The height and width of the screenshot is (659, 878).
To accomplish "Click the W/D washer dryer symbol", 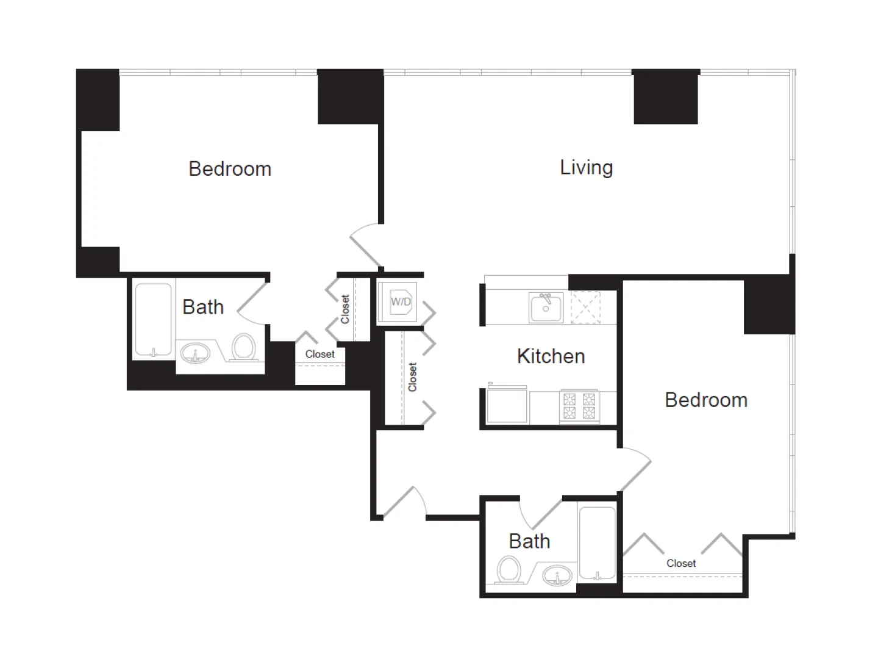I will coord(400,302).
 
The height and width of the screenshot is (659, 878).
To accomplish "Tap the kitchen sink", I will coord(546,307).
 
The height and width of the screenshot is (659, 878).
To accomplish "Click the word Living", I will coord(586,167).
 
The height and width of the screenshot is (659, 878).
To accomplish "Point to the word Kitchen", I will coord(551,356).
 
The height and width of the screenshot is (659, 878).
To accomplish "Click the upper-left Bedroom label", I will coord(230,169).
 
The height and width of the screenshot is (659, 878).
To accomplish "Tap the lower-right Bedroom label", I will coord(705,400).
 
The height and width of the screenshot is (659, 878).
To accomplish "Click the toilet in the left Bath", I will coord(244,348).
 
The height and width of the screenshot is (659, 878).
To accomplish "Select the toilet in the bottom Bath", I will coord(509,571).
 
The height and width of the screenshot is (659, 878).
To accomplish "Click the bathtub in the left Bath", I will coord(153,319).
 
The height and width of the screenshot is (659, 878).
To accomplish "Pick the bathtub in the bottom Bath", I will coord(597,542).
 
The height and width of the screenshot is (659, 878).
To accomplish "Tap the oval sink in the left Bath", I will coord(195,353).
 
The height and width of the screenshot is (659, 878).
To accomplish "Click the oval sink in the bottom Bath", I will coord(557,575).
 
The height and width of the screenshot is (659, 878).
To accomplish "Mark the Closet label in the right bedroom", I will coord(680,563).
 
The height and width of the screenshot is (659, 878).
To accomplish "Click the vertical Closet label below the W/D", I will coord(413,377).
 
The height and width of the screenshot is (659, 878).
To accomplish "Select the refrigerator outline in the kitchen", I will coord(507,406).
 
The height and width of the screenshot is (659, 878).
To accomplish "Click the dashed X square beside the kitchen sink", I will coord(585,308).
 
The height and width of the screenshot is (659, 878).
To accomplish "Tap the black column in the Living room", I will coord(665,97).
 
